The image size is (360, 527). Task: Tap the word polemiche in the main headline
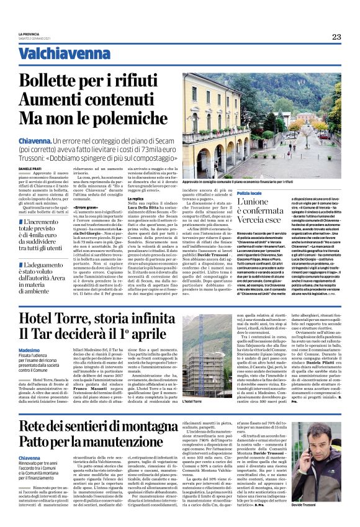pyautogui.click(x=132, y=117)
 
